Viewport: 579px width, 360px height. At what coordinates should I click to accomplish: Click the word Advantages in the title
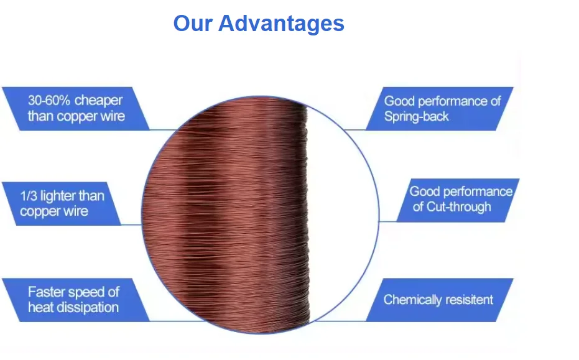click(281, 24)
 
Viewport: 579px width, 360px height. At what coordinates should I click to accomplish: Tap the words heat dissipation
click(73, 307)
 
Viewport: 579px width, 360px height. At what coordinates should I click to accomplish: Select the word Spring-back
click(416, 116)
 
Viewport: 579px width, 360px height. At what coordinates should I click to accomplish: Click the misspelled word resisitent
click(470, 300)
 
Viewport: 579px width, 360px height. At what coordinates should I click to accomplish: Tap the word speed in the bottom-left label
click(85, 292)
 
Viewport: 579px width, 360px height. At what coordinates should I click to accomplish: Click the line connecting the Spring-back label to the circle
click(354, 129)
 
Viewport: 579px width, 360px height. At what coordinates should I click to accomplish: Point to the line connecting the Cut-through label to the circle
click(388, 221)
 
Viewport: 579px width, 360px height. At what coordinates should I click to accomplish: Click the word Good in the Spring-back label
click(399, 101)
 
